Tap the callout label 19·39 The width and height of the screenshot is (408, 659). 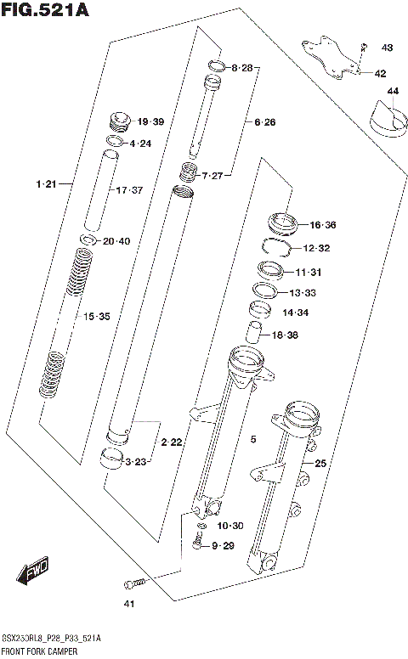[150, 122]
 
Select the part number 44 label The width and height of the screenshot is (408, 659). [392, 91]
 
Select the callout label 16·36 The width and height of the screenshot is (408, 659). [323, 225]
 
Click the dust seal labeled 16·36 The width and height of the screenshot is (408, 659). [281, 223]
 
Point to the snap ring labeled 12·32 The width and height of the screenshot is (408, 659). [274, 247]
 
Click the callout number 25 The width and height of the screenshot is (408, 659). [320, 464]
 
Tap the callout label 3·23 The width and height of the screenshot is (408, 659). [137, 462]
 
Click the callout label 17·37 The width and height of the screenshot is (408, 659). [129, 189]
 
